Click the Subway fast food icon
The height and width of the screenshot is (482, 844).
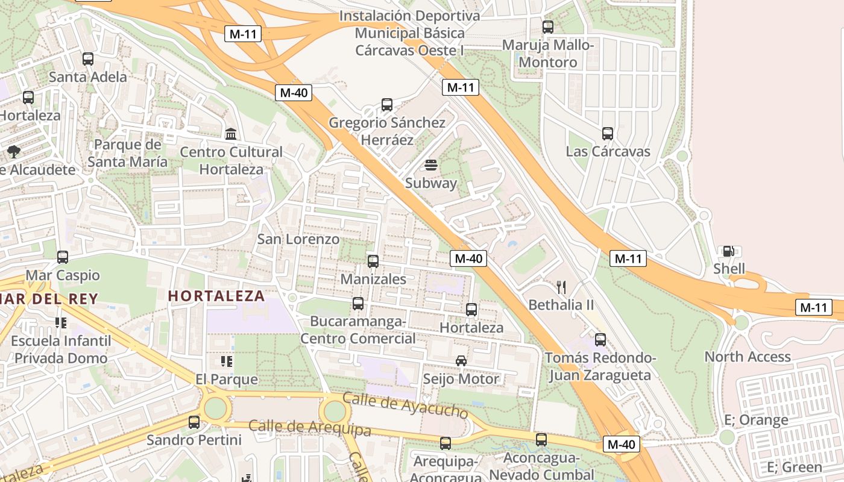point(430,165)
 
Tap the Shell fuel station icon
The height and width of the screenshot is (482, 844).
point(728,251)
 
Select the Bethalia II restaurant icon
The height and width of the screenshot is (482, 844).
point(561,287)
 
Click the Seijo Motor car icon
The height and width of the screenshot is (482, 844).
point(461,361)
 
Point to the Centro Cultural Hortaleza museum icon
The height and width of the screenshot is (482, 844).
point(230,134)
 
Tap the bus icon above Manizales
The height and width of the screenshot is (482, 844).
point(373,261)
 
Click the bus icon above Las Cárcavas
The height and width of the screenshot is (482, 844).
point(608,134)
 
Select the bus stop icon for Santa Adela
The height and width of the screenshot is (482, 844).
point(88,59)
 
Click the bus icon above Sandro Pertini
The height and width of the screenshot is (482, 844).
point(194,422)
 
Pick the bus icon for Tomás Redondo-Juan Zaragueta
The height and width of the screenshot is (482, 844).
point(600,340)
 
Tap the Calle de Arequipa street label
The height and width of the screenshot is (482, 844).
point(310,428)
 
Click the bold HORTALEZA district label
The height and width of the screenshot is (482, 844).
point(216,296)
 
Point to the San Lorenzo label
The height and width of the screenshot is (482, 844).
point(298,239)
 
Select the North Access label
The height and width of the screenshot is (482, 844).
point(748,357)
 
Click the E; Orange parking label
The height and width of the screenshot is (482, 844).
point(756,420)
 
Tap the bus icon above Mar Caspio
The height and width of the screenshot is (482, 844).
point(63,257)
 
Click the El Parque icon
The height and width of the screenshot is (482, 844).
point(227,361)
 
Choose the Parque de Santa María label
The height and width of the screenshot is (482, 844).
point(128,153)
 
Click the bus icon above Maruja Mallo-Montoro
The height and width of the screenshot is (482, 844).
point(547,27)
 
